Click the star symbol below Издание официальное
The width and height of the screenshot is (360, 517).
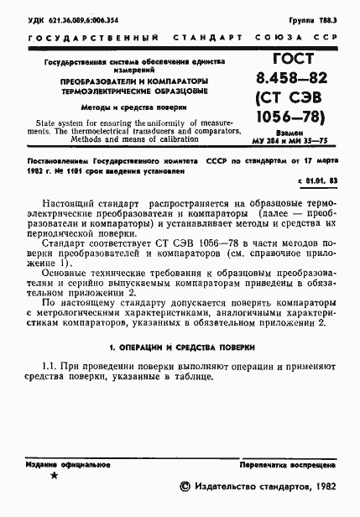55,476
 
